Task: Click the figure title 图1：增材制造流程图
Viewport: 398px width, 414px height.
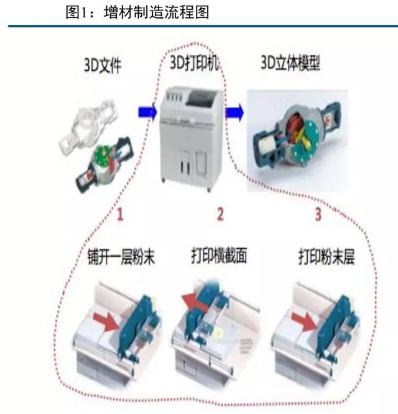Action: point(137,12)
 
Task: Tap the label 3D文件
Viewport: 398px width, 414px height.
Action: point(103,65)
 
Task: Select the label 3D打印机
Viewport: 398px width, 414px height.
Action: point(194,63)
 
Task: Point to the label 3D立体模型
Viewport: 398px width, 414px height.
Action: point(290,63)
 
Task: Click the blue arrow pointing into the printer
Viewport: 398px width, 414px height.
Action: point(147,112)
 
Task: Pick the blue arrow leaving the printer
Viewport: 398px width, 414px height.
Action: point(234,112)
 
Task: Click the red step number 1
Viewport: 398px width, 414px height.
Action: point(120,214)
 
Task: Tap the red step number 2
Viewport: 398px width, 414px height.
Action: point(220,214)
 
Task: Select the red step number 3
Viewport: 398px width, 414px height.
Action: point(318,214)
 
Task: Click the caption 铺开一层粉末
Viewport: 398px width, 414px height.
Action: point(121,256)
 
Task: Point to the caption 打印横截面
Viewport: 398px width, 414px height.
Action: point(219,255)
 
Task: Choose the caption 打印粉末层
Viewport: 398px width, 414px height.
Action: point(326,256)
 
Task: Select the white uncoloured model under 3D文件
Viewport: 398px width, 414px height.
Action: point(88,126)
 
